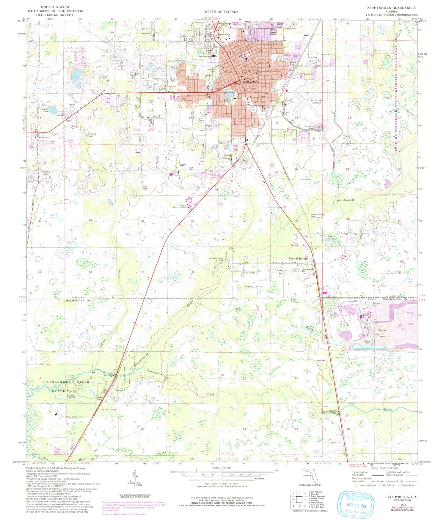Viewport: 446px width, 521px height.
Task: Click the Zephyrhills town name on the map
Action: coord(251,82)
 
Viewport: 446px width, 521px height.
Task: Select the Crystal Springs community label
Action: coord(298,259)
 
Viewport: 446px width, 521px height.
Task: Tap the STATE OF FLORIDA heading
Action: coord(221,12)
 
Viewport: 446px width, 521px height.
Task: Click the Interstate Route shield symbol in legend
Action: coord(357,485)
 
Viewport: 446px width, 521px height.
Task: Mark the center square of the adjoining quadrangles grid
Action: coord(299,499)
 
